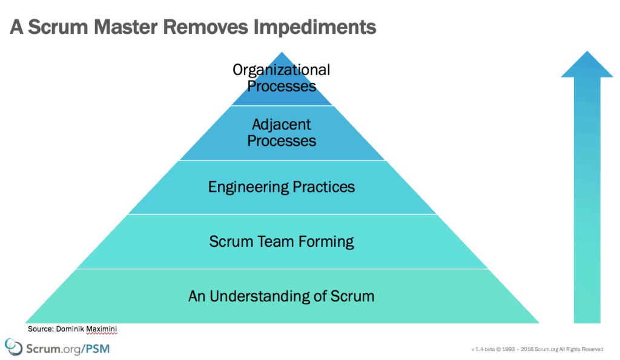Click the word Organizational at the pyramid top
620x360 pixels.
[x=282, y=70]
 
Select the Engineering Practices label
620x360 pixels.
[x=282, y=186]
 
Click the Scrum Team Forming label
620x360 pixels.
[x=282, y=241]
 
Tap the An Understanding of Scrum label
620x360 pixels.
[x=282, y=296]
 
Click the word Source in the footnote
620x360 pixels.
[x=39, y=329]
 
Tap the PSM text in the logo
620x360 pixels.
[x=95, y=349]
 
